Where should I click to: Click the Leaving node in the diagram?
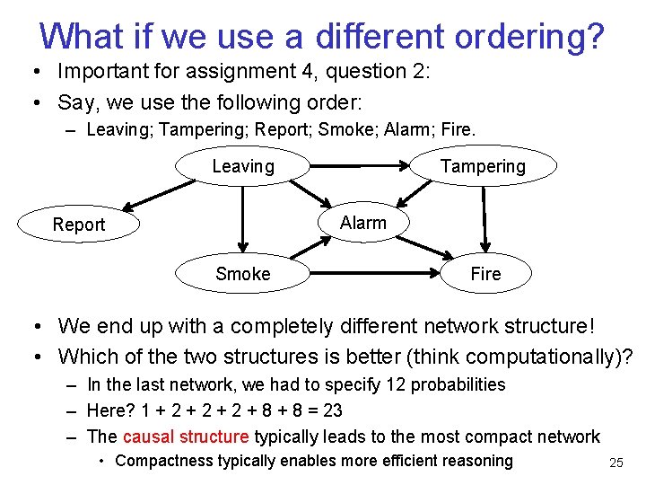(x=242, y=166)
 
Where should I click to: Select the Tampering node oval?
(x=483, y=166)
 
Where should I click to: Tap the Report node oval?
(x=79, y=225)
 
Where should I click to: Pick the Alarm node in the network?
(x=363, y=223)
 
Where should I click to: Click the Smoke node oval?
(x=242, y=274)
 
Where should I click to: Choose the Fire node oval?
(x=485, y=274)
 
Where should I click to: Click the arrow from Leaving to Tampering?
(x=359, y=166)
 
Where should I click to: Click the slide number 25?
(x=615, y=463)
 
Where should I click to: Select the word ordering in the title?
(x=528, y=36)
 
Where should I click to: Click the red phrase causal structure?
(x=186, y=436)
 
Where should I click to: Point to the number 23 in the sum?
(x=332, y=410)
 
